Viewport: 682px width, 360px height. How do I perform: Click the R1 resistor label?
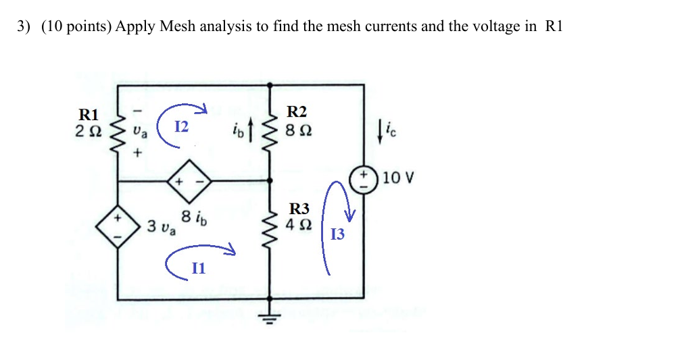(x=89, y=114)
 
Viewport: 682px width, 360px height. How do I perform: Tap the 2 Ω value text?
(x=89, y=129)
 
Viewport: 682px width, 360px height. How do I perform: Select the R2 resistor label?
(x=297, y=111)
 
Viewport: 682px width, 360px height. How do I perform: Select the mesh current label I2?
(x=181, y=126)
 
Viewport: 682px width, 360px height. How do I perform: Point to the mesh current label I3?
(x=337, y=234)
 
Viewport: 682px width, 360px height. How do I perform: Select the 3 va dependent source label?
(x=161, y=226)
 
